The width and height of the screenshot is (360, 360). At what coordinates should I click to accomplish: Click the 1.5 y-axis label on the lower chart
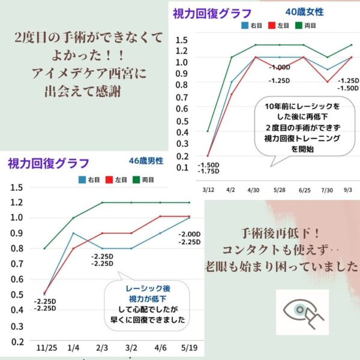[17, 187]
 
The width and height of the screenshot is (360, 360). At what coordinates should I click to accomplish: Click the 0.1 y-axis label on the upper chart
[181, 166]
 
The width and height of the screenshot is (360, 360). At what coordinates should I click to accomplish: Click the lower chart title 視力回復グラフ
[49, 163]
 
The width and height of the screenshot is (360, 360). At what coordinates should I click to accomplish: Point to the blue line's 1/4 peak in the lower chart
[74, 233]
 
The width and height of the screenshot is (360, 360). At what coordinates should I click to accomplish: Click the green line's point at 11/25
[45, 248]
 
